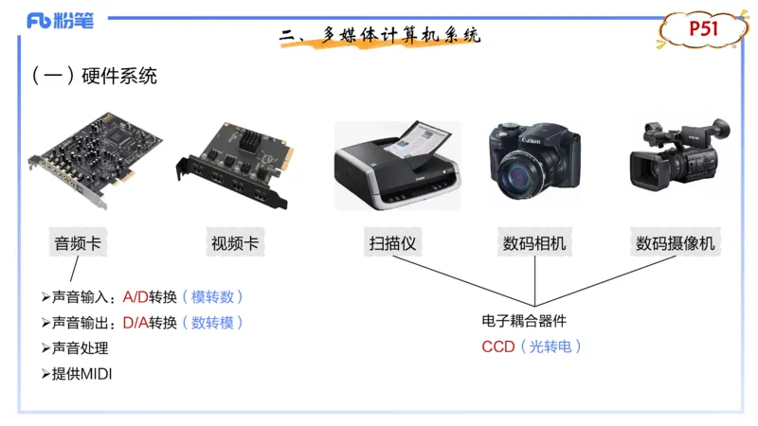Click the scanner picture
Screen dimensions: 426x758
pyautogui.click(x=398, y=166)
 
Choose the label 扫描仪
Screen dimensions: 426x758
pyautogui.click(x=393, y=243)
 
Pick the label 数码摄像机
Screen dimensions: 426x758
pyautogui.click(x=676, y=243)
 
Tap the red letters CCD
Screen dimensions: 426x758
pyautogui.click(x=497, y=346)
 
